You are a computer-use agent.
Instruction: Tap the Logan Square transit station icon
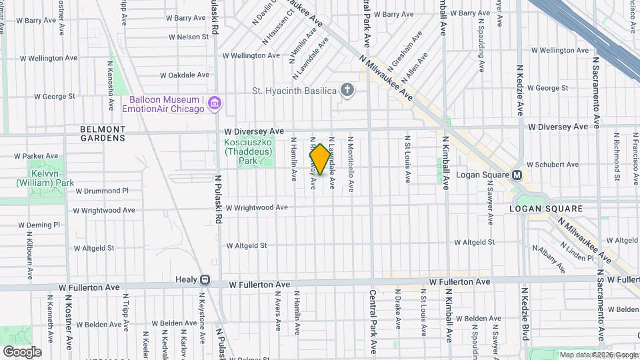(x=517, y=175)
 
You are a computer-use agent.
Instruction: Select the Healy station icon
(x=205, y=281)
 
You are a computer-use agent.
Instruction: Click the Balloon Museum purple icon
(x=215, y=103)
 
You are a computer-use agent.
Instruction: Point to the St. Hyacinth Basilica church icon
(x=347, y=90)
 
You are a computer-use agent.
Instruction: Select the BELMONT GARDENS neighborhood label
(x=102, y=133)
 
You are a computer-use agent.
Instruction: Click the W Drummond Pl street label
(x=101, y=191)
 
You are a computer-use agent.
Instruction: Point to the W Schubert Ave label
(x=553, y=164)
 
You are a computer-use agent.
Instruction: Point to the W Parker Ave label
(x=33, y=156)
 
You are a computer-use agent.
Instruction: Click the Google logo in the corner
(x=21, y=351)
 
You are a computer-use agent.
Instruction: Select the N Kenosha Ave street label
(x=110, y=87)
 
